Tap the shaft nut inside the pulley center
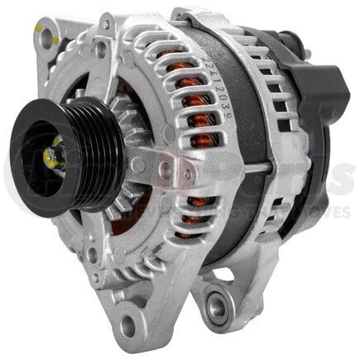coord(56,156)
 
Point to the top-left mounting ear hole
coord(46,36)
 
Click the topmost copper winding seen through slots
coord(170,58)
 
